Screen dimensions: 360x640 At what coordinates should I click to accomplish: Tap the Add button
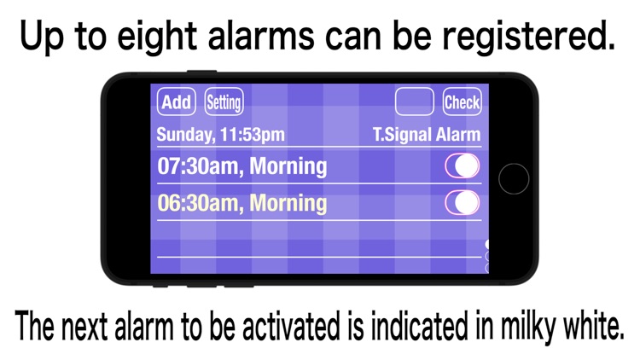176,103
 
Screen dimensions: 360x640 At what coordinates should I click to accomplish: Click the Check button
462,103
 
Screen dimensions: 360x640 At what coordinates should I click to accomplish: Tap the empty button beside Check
415,103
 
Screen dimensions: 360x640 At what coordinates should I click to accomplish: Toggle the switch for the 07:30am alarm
462,165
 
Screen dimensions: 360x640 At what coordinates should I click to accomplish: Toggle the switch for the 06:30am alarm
462,203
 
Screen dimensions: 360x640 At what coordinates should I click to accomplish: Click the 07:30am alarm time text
197,166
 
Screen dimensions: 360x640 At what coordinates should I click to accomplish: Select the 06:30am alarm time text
197,204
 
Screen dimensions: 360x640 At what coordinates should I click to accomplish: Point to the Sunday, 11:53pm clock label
221,135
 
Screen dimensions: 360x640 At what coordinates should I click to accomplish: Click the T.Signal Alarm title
427,135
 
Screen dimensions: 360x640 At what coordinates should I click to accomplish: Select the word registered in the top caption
538,38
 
